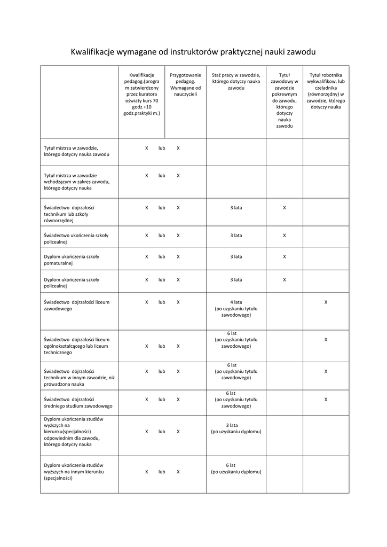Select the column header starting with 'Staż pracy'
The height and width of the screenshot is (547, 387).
point(235,82)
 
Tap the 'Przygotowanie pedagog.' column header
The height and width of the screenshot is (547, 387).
point(185,85)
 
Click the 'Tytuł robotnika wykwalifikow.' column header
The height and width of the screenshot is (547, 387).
point(326,91)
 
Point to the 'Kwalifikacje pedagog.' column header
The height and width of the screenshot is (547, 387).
point(141,94)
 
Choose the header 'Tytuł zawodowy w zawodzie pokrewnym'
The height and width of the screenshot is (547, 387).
point(285,101)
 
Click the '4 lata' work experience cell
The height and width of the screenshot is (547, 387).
point(236,309)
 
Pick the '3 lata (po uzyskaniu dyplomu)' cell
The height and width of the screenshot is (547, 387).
point(236,428)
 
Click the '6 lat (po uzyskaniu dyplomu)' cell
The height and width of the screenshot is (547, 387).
point(236,468)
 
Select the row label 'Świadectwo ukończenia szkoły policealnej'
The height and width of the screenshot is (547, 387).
point(76,238)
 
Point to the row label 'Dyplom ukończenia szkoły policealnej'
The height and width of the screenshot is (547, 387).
point(72,283)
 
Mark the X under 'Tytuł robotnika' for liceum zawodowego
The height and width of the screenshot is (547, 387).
point(326,302)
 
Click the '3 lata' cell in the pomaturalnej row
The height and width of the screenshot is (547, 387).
point(236,256)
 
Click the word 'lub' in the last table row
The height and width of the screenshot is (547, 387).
point(162,472)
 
